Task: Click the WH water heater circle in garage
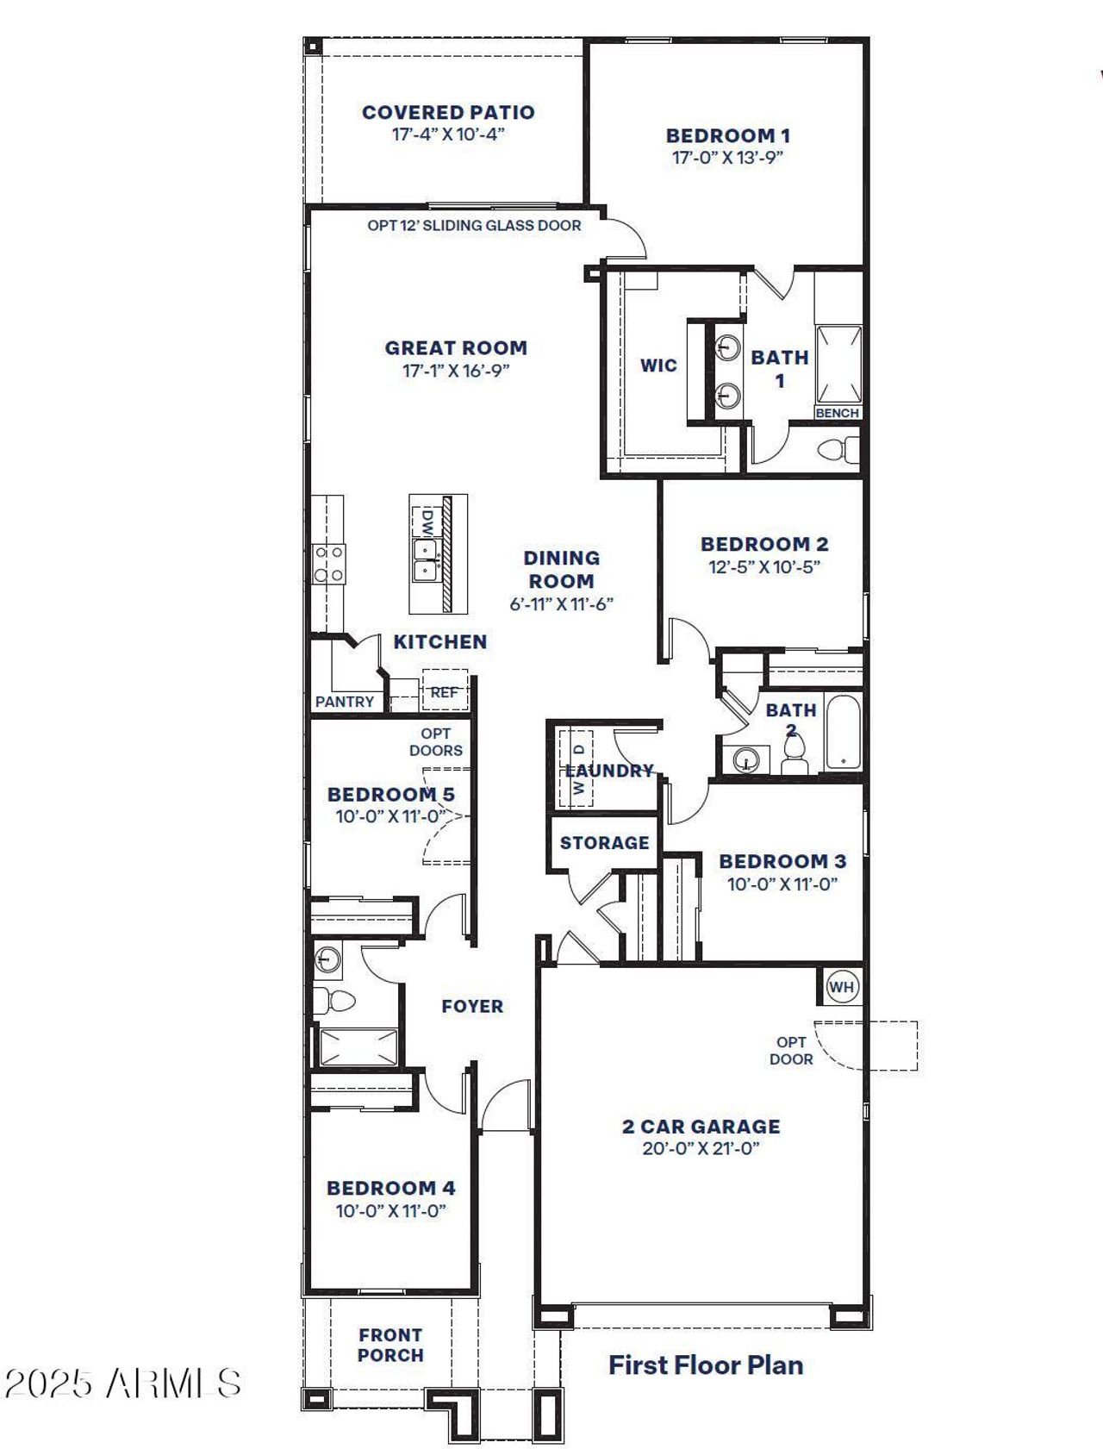(842, 986)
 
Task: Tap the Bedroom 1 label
(727, 135)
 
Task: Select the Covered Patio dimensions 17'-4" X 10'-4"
(447, 134)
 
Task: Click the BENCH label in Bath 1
(837, 413)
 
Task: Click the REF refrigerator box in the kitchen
(445, 691)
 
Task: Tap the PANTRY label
(345, 702)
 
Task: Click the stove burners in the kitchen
(329, 564)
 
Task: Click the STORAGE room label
(604, 842)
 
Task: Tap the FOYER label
(472, 1006)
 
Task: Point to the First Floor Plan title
(706, 1365)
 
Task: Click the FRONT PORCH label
(390, 1345)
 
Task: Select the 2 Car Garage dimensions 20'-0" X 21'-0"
(701, 1148)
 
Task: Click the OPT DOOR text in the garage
(791, 1051)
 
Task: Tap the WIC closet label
(658, 365)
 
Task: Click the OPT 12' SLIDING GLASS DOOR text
(474, 226)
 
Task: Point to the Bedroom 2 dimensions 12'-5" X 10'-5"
(763, 566)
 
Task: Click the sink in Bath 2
(745, 759)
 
